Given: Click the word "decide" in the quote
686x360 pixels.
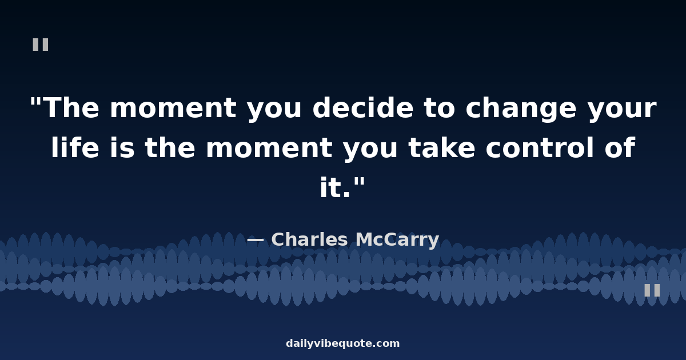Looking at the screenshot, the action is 363,108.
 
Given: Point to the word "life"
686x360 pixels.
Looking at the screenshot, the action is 75,147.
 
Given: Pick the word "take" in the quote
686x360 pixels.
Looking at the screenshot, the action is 442,147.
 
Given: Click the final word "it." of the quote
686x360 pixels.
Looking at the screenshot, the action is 335,187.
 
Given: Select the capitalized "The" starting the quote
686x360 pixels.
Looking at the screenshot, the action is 73,108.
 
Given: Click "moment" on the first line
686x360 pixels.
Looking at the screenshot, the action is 173,109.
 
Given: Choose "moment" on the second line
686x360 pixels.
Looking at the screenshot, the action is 269,149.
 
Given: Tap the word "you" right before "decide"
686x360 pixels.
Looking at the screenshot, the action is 274,112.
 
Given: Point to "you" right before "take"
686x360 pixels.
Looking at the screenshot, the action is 370,151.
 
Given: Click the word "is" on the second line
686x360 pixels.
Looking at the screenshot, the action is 122,147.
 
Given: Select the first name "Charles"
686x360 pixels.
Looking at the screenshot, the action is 310,239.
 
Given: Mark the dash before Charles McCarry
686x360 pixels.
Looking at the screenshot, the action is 256,240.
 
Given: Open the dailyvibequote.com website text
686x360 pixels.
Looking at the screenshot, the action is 342,343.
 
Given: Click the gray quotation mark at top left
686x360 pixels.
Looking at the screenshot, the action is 41,45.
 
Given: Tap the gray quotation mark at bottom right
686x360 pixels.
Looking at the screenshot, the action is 652,290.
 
